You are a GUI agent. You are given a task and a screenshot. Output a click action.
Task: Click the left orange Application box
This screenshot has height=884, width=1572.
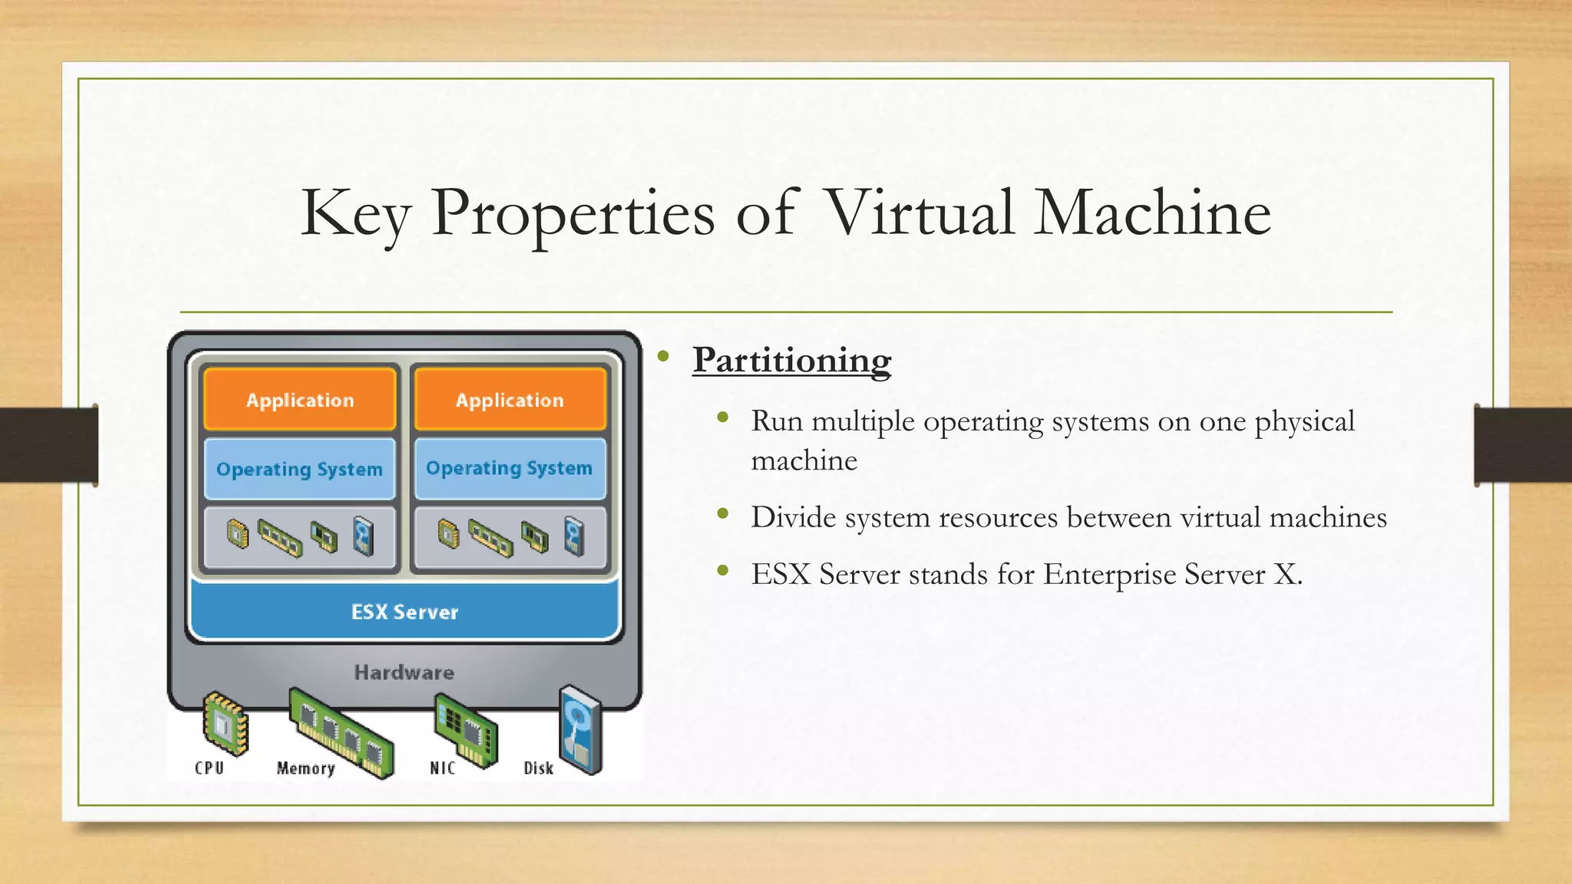coord(300,400)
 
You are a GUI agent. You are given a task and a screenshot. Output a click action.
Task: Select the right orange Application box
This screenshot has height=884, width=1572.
coord(510,400)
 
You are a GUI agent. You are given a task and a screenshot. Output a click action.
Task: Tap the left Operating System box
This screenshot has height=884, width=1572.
coord(299,469)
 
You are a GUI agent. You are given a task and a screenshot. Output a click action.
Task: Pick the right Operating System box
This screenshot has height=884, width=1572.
coord(510,468)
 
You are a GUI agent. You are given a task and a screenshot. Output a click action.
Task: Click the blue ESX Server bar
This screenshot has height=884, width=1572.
coord(405,612)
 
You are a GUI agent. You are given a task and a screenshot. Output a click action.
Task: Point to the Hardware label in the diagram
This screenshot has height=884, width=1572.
coord(404,672)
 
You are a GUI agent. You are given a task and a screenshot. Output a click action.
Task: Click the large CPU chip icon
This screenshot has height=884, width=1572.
coord(225,723)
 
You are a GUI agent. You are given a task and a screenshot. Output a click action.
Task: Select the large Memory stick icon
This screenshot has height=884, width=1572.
coord(342,732)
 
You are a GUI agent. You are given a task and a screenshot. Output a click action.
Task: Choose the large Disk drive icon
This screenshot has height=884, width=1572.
coord(581,729)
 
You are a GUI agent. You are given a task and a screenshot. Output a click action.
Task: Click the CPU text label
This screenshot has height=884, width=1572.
coord(209,768)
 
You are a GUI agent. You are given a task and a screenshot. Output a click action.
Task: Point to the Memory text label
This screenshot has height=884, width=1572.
coord(305,768)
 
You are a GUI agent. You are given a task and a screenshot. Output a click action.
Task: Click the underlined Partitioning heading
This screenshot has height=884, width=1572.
coord(791,360)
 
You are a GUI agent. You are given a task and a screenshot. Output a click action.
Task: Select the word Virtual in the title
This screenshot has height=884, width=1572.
coord(919,213)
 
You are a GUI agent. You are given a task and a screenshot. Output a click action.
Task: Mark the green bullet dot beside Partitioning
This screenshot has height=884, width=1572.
coord(664,356)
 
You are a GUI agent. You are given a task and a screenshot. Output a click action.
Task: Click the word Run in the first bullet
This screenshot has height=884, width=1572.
coord(777,421)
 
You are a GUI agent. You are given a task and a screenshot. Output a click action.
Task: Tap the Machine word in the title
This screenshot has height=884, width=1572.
coord(1152,213)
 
